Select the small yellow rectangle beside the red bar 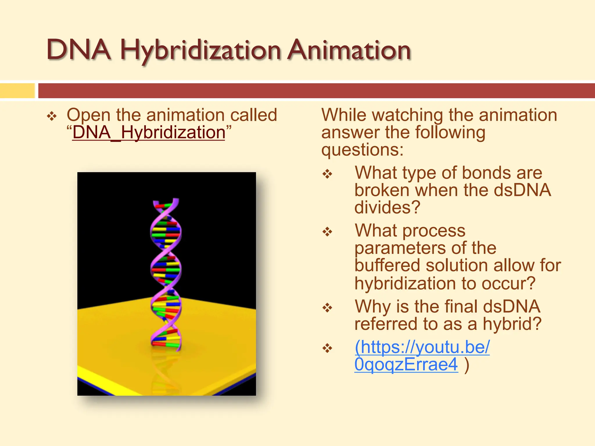click(17, 91)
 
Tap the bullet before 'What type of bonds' click(327, 174)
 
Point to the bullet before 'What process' click(327, 232)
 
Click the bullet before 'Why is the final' click(327, 308)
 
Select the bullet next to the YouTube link click(327, 348)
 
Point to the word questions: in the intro click(362, 150)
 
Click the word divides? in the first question click(387, 208)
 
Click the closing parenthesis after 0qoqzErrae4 click(467, 365)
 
